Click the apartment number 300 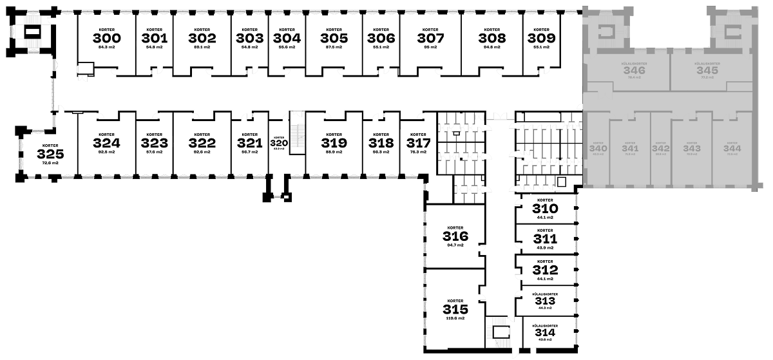pos(106,39)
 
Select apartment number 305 pos(334,39)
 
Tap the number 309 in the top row pos(541,39)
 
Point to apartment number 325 pos(50,155)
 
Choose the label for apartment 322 pos(202,143)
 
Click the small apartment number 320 pos(279,143)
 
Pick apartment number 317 pos(418,143)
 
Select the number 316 pos(455,236)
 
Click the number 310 pos(544,209)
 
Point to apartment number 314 pos(544,333)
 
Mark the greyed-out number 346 pos(635,71)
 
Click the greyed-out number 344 pos(732,148)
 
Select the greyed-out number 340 pos(598,148)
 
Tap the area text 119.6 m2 pos(455,318)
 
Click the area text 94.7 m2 pos(455,245)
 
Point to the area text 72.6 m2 pos(50,163)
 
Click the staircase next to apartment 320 pos(297,132)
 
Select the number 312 pos(544,270)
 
